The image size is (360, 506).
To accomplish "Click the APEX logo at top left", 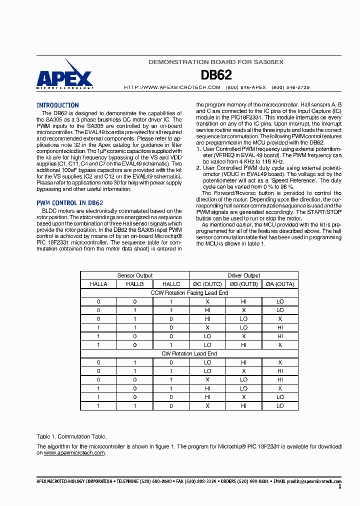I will (64, 76).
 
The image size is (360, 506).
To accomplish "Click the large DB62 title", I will (216, 75).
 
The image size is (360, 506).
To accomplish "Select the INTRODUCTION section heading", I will (57, 105).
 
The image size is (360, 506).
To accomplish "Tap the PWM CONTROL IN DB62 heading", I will (69, 203).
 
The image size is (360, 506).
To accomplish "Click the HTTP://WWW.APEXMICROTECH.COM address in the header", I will (172, 87).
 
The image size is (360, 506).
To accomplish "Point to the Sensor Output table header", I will (135, 275).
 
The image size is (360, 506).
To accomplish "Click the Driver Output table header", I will (244, 275).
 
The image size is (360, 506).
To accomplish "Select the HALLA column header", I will (98, 284).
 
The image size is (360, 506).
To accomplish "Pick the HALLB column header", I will (135, 284).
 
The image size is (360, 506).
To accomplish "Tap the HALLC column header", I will (171, 284).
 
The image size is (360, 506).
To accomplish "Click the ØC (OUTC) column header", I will (207, 284).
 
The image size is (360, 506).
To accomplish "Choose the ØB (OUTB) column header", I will (244, 284).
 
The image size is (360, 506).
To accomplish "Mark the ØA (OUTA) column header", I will (280, 284).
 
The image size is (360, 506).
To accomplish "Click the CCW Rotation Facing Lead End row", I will (189, 293).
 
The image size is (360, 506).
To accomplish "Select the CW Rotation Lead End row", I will (189, 353).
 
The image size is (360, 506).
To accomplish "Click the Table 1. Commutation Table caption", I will (71, 436).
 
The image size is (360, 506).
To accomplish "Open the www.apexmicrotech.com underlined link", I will (74, 452).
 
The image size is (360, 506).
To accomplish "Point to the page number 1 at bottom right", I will (340, 486).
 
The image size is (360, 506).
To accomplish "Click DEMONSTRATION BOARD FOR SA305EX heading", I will (216, 62).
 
